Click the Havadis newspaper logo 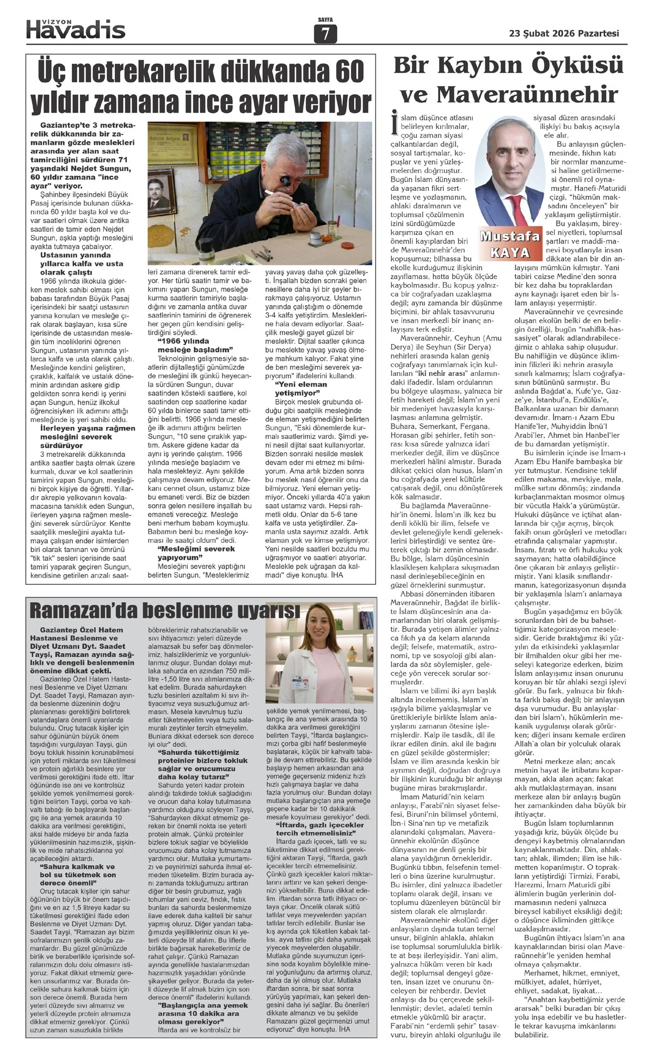click(x=76, y=29)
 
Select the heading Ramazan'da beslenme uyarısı click(x=164, y=611)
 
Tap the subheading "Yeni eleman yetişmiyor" click(x=296, y=388)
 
